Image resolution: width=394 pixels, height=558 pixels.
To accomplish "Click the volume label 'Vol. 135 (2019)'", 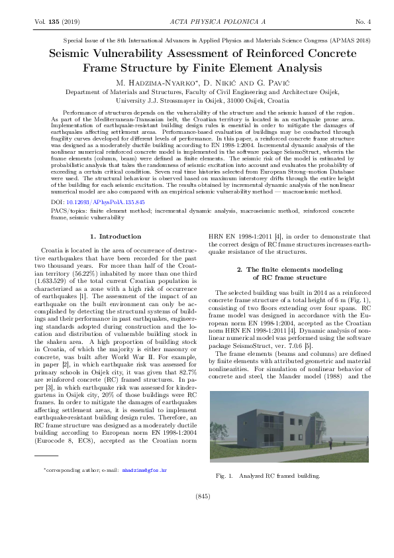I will pos(56,22).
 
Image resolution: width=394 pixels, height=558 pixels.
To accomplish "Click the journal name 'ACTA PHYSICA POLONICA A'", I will pos(197,22).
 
